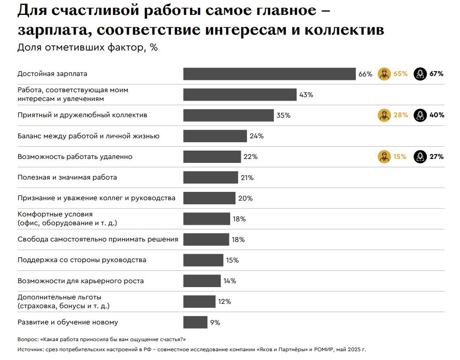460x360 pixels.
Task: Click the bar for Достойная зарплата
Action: pos(269,74)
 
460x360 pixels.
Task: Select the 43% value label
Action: pos(306,95)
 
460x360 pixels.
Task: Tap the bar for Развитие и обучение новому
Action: pos(195,322)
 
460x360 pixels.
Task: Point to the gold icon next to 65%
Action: pos(384,74)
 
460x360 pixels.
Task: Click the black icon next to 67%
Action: pos(420,74)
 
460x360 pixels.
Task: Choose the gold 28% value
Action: pos(401,115)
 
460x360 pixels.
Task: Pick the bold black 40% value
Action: pos(437,115)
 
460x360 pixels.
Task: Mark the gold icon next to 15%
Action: pos(384,157)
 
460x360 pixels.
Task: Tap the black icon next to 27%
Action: pos(420,157)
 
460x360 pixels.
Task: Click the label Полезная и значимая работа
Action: pos(67,177)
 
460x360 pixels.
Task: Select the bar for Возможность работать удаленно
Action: pos(212,157)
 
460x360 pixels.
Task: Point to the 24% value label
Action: pos(257,136)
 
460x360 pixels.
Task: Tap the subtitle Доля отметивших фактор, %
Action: pos(87,48)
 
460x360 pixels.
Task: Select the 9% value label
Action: pos(215,322)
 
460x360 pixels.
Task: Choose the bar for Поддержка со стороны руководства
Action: pos(203,260)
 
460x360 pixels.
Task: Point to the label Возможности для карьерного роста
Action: pos(81,281)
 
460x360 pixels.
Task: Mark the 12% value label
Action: pos(224,302)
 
